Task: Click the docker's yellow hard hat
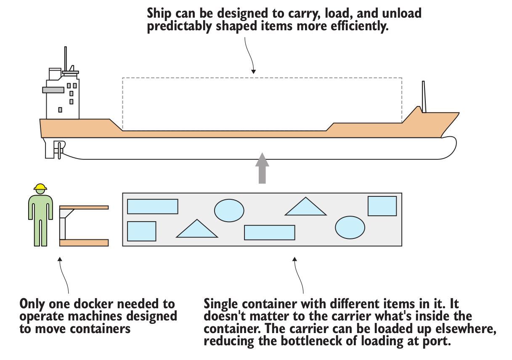tap(40, 187)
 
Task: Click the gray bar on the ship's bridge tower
tap(53, 90)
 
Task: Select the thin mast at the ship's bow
tap(424, 97)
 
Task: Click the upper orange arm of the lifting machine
tap(84, 207)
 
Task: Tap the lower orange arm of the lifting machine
tap(84, 243)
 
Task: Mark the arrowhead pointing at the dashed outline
tap(253, 71)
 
